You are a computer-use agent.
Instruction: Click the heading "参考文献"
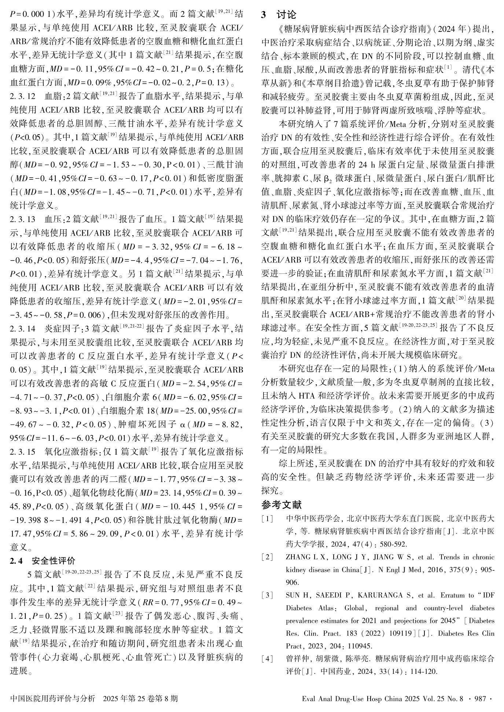tap(282, 505)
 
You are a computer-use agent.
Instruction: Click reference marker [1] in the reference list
tap(268, 519)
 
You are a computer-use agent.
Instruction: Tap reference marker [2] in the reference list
tap(268, 557)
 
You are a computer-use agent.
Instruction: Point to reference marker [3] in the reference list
tap(268, 595)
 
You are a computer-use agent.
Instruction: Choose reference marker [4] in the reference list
tap(268, 659)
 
